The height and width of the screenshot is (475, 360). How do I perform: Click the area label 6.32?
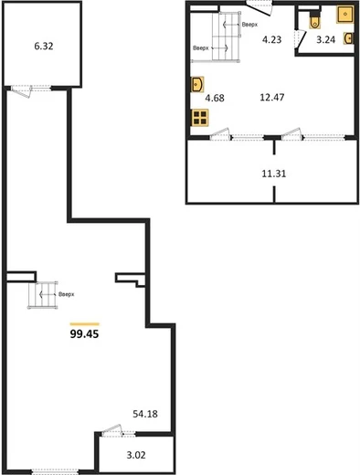44,47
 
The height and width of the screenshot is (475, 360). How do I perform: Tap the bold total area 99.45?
84,334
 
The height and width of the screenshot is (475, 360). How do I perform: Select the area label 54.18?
145,414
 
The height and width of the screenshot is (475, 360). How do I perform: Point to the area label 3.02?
136,455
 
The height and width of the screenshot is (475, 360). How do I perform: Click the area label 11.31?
274,174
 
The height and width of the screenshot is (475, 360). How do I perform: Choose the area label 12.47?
272,97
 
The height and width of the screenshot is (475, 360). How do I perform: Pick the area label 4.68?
215,98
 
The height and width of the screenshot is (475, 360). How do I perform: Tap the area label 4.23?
271,39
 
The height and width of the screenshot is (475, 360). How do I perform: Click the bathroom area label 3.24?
325,39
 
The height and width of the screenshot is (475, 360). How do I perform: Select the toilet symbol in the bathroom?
314,20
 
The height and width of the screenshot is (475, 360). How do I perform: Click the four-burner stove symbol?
200,118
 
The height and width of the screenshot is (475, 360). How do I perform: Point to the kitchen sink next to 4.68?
197,84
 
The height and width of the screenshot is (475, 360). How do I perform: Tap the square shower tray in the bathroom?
345,15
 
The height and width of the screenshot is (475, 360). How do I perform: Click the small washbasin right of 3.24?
349,38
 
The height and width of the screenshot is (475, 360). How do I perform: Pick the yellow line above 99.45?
84,324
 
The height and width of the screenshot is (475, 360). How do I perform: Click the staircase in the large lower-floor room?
43,295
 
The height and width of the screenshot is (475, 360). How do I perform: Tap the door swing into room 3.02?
111,431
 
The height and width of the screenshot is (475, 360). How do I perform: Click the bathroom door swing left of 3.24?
302,39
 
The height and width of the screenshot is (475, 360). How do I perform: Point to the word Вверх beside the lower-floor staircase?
67,294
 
